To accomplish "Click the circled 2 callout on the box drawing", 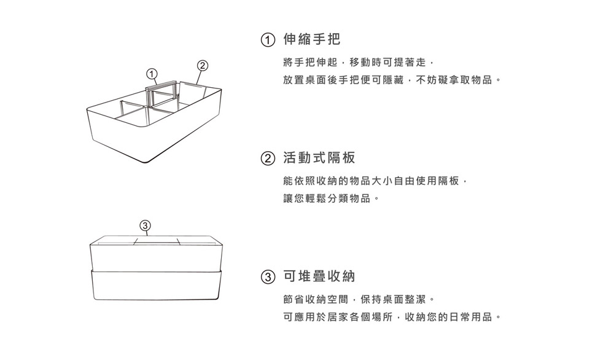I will [203, 65].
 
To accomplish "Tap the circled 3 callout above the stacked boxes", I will [145, 224].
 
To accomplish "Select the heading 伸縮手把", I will [311, 40].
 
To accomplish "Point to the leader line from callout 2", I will [198, 77].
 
